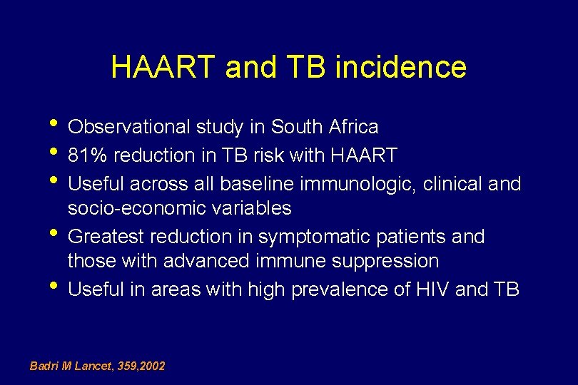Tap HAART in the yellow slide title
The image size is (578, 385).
(x=163, y=68)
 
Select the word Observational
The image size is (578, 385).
(x=128, y=128)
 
